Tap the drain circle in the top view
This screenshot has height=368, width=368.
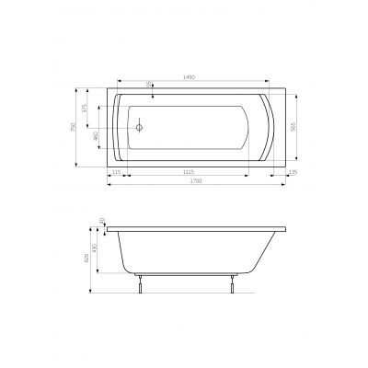[x=140, y=129]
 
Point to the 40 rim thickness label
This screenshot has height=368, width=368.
[x=102, y=222]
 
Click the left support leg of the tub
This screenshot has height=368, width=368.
[x=138, y=284]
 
